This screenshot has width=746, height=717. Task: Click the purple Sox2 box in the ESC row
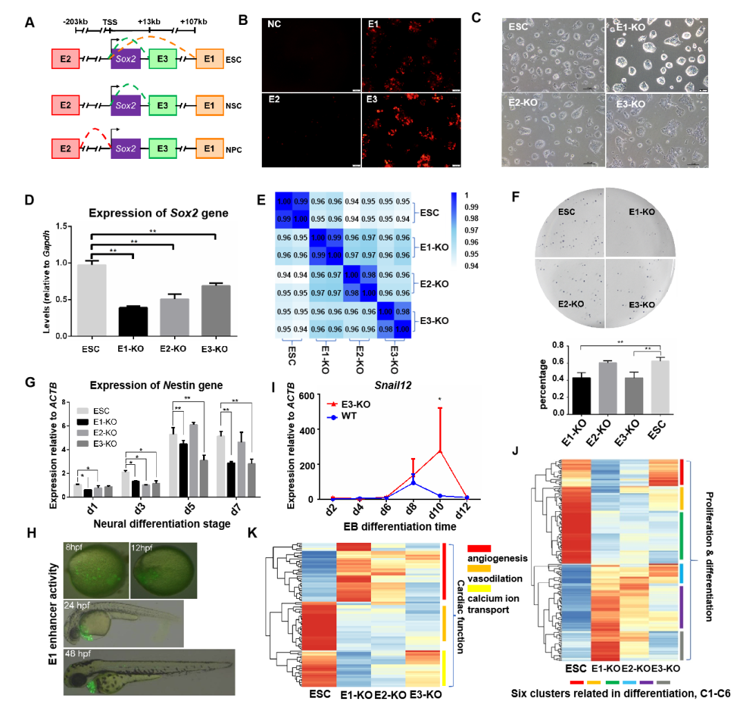(126, 61)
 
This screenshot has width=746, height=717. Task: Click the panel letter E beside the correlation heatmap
(261, 200)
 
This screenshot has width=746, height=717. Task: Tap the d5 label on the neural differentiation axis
(178, 510)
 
